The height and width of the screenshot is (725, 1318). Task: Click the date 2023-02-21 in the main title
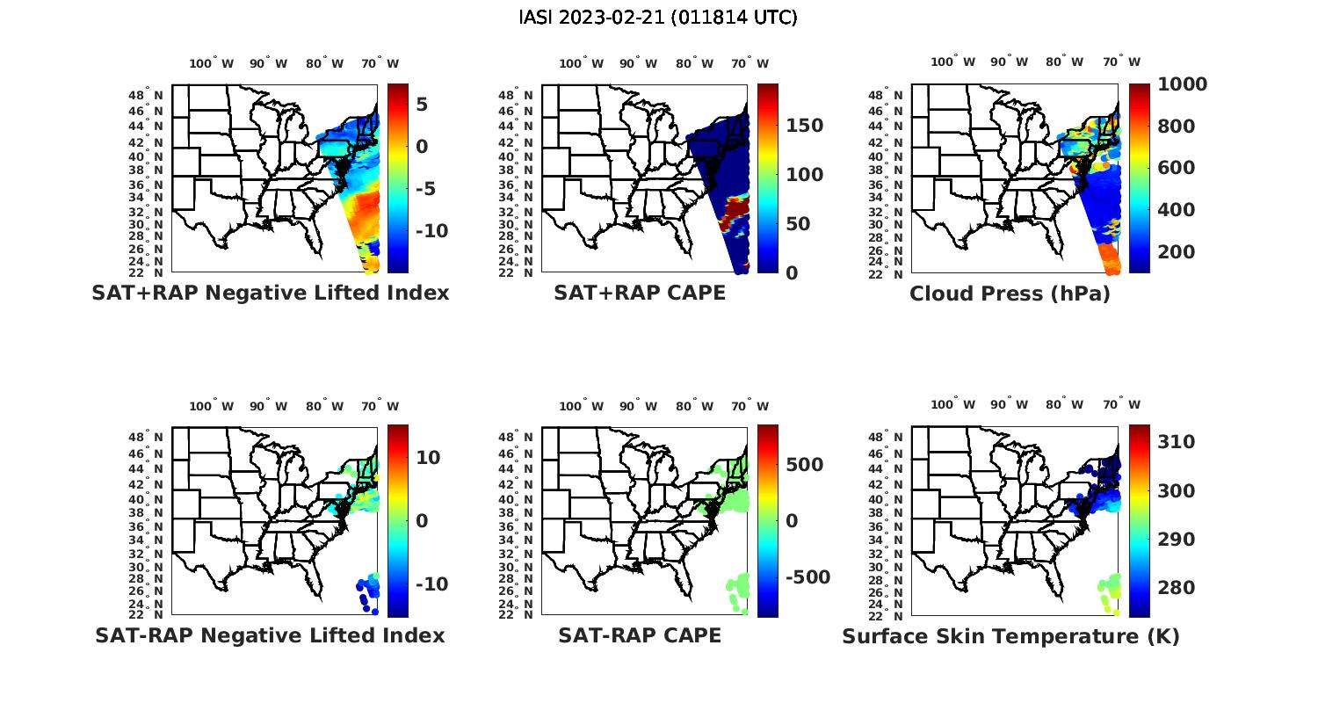tap(620, 18)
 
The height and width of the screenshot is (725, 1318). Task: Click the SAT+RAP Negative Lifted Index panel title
tap(271, 293)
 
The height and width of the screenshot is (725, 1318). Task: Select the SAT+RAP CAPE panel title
tap(640, 293)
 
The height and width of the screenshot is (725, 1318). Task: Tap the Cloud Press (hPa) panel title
tap(1010, 294)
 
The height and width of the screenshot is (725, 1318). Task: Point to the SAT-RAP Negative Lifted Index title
tap(270, 635)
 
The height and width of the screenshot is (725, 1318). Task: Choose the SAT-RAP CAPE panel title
tap(640, 635)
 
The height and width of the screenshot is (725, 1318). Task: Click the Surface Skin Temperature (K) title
tap(1010, 636)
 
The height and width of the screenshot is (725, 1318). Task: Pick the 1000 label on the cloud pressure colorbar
tap(1182, 84)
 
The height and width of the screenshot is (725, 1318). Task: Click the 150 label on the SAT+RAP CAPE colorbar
tap(804, 126)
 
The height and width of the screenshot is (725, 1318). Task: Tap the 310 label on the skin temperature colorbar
tap(1177, 442)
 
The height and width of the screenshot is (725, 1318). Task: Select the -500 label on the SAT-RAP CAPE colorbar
tap(807, 577)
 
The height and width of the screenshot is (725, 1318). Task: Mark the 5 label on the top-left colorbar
tap(422, 105)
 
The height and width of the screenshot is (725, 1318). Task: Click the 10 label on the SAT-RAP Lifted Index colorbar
tap(428, 458)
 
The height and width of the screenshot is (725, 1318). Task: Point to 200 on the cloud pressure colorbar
tap(1177, 252)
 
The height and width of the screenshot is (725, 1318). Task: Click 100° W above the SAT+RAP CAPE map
tap(581, 63)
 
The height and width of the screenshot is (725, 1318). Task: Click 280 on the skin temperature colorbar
tap(1177, 587)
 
